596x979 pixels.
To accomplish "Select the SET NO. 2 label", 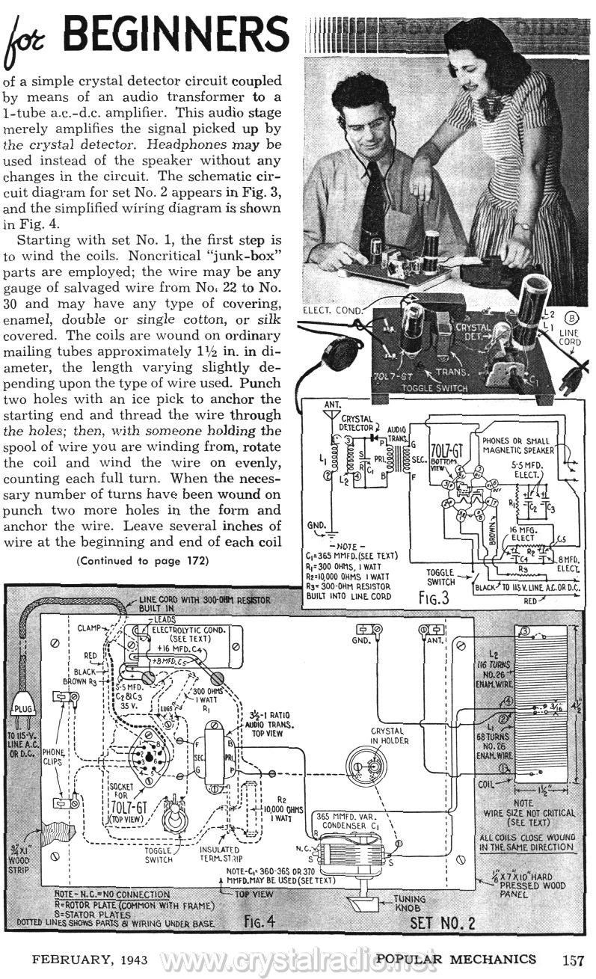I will coord(443,922).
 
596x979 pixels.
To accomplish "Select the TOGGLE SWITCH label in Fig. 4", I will coord(159,855).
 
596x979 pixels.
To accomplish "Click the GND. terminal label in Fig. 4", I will coord(363,641).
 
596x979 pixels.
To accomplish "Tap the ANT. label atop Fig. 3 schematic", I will coord(329,405).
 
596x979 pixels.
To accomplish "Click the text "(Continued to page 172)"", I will coord(141,560).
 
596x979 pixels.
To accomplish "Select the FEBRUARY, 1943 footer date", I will coord(77,959).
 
